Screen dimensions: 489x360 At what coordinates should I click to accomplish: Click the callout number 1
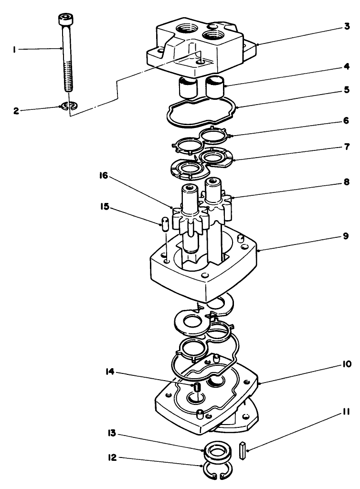[x=15, y=49]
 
